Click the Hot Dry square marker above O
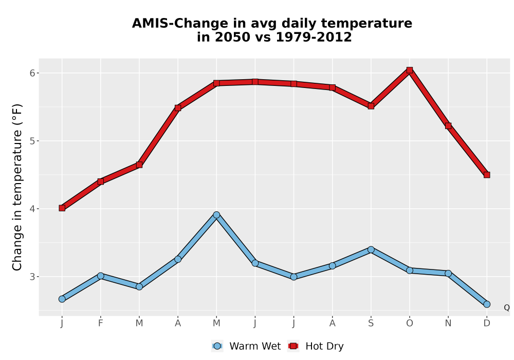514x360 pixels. [410, 70]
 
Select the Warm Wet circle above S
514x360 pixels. [371, 250]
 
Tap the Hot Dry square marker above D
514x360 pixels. [487, 175]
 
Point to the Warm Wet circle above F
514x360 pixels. [101, 276]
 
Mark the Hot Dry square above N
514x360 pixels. [448, 125]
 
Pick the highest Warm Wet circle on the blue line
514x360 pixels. [216, 215]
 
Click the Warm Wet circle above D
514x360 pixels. [487, 304]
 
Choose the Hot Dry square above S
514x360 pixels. [371, 106]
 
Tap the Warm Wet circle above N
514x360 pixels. [448, 273]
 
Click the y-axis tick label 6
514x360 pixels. [32, 73]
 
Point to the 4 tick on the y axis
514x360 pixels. [32, 208]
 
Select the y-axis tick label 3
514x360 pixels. [32, 276]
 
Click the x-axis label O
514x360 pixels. [410, 323]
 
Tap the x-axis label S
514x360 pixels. [371, 323]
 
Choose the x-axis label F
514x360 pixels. [101, 323]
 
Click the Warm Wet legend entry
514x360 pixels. [246, 346]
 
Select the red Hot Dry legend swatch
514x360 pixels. [293, 346]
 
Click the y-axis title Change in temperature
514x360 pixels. [17, 187]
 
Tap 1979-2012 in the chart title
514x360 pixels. [314, 37]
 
